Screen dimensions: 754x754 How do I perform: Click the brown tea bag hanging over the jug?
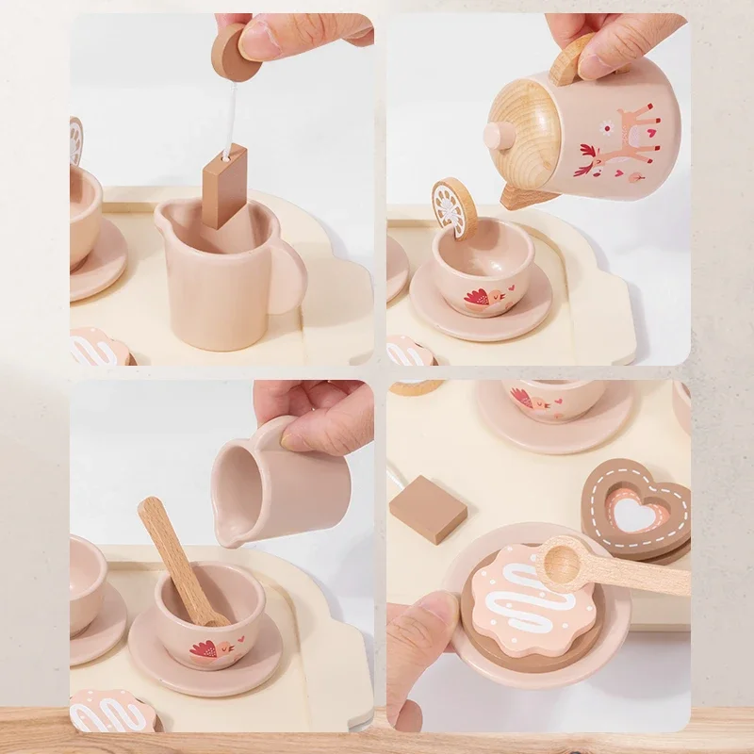[223, 186]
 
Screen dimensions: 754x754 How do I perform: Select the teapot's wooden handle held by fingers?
[570, 58]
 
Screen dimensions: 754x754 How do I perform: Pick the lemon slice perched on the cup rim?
[454, 206]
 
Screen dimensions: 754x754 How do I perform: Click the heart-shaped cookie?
[637, 509]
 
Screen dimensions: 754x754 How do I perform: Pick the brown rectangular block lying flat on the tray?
[427, 508]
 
